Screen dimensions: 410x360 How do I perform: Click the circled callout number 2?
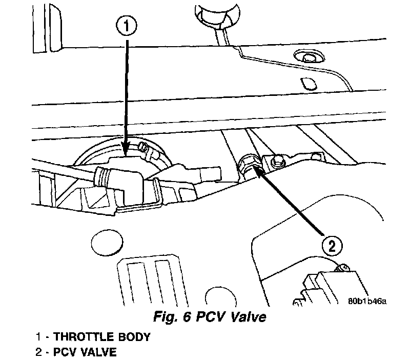click(x=332, y=246)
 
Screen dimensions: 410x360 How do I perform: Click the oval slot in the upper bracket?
click(x=307, y=83)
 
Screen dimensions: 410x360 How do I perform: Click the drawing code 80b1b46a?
click(x=365, y=301)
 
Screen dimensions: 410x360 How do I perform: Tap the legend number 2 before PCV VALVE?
click(x=38, y=352)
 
